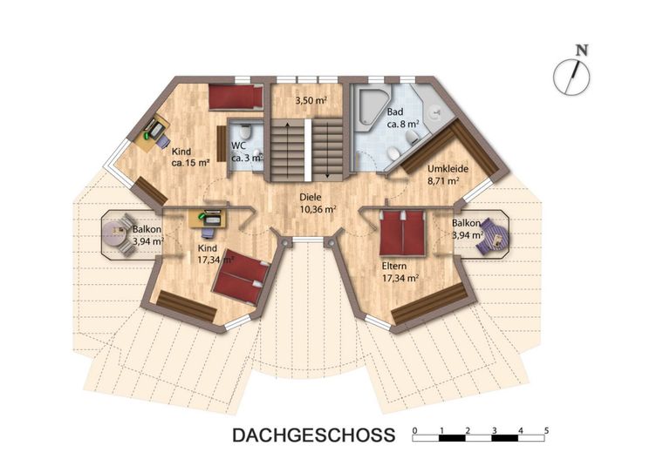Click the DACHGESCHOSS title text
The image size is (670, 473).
(314, 435)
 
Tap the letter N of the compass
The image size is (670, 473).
(582, 51)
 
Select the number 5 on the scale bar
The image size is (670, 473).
(546, 430)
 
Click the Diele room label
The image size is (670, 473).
(311, 198)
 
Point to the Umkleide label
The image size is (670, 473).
(448, 169)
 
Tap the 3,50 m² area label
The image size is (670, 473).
(311, 101)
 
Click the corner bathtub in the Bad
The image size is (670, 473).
(373, 105)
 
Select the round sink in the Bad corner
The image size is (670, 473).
(436, 111)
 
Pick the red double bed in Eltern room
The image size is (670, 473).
(403, 233)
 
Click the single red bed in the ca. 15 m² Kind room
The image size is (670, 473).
(236, 97)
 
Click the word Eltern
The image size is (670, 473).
(394, 267)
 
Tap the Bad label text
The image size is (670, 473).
(395, 111)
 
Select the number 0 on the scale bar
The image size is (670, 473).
(414, 431)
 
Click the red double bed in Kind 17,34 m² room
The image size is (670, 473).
(242, 277)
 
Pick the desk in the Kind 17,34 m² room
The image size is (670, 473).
(208, 219)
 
